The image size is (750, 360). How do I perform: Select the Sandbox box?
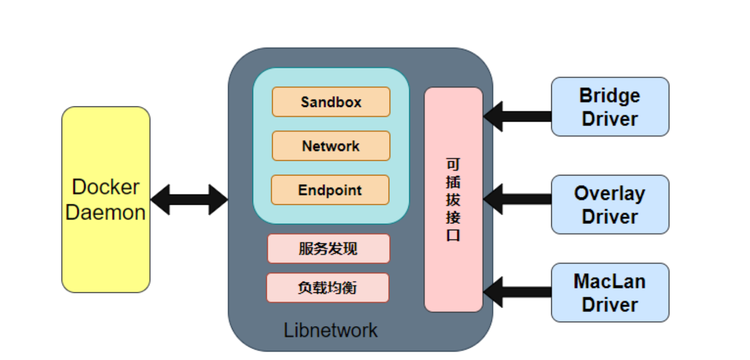tap(331, 102)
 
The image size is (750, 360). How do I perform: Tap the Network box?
tap(331, 146)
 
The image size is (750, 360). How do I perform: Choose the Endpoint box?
tap(330, 190)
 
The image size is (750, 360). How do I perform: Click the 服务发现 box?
tap(328, 249)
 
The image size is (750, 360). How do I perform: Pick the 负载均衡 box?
tap(327, 288)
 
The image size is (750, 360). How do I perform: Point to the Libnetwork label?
tap(330, 330)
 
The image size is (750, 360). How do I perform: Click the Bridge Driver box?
tap(610, 107)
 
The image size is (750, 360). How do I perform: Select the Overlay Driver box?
tap(610, 205)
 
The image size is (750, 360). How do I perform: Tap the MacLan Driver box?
tap(610, 293)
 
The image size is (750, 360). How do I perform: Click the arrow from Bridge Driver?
tap(518, 116)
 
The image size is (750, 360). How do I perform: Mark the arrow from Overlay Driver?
tap(518, 199)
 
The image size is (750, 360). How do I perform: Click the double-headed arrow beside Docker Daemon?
tap(189, 200)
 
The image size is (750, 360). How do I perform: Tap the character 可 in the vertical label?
tap(453, 164)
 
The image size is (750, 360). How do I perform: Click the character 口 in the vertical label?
tap(453, 235)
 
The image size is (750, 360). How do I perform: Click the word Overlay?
tap(609, 193)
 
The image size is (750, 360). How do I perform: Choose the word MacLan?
tap(609, 281)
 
